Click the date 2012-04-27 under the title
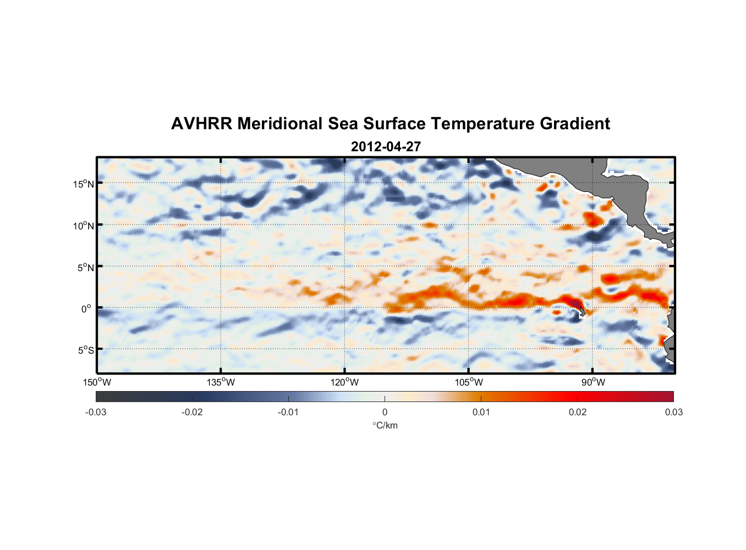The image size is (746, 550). pyautogui.click(x=386, y=147)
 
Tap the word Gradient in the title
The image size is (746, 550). pyautogui.click(x=574, y=124)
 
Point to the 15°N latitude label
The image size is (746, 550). pyautogui.click(x=84, y=184)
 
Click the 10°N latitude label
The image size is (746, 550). pyautogui.click(x=84, y=226)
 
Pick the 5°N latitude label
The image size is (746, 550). pyautogui.click(x=85, y=267)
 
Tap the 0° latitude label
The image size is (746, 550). pyautogui.click(x=86, y=309)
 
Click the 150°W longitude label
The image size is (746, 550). pyautogui.click(x=97, y=382)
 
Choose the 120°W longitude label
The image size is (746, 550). pyautogui.click(x=344, y=382)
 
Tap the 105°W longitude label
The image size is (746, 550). pyautogui.click(x=469, y=382)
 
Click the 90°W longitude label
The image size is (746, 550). pyautogui.click(x=593, y=382)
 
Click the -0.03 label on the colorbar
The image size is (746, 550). pyautogui.click(x=96, y=413)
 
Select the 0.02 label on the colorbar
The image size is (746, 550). pyautogui.click(x=578, y=413)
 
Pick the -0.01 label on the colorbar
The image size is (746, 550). pyautogui.click(x=288, y=413)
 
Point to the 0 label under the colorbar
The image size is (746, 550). pyautogui.click(x=385, y=413)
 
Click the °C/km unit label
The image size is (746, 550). pyautogui.click(x=385, y=425)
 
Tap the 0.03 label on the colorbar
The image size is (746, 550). pyautogui.click(x=673, y=413)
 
